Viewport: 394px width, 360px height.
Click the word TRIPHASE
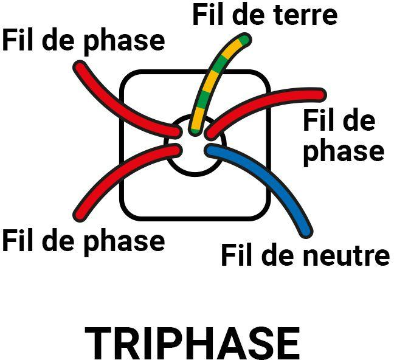tap(192, 344)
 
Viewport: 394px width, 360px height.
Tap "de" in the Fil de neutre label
tap(270, 255)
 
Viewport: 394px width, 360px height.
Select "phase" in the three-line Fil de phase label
tap(343, 151)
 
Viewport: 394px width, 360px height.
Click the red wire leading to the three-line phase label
tap(268, 103)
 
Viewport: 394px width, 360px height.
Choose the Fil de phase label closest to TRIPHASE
tap(83, 241)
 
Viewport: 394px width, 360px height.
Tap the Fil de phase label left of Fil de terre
tap(83, 41)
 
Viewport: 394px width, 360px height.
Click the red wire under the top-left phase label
tap(122, 103)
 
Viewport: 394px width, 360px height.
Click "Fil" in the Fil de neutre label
tap(238, 255)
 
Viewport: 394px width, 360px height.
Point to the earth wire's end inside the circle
tap(195, 128)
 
